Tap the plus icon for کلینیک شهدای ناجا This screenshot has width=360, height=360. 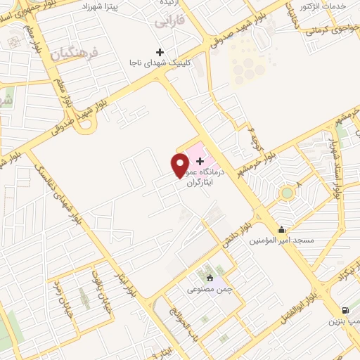tap(160, 52)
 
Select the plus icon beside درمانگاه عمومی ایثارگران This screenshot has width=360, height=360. tap(200, 161)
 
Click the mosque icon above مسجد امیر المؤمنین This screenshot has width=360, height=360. tap(282, 229)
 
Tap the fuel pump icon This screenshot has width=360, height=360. tap(345, 310)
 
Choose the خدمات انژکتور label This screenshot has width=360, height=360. tap(324, 6)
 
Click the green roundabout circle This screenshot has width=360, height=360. tap(286, 193)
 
